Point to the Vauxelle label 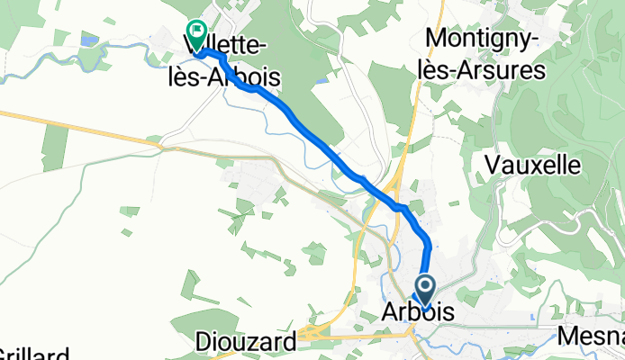[536, 163]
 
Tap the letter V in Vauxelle [493, 163]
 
